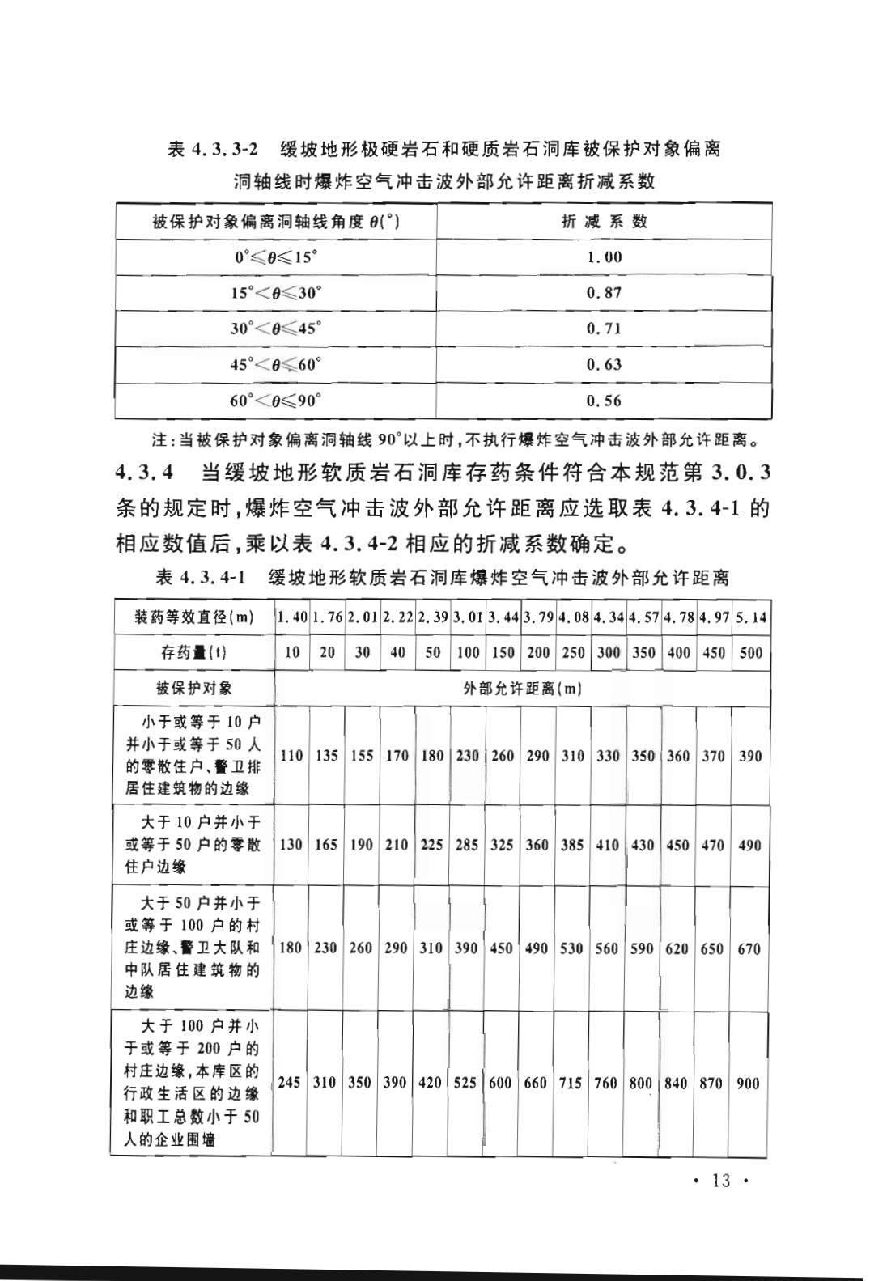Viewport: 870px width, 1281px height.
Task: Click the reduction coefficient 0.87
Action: click(x=604, y=293)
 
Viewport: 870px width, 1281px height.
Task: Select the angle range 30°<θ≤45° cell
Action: click(x=275, y=329)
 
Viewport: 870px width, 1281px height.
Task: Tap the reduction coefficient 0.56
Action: click(x=604, y=401)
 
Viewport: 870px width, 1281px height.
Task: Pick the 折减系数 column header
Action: click(x=604, y=222)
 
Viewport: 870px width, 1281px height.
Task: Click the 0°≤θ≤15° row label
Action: click(x=275, y=257)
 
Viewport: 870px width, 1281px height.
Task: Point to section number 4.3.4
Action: click(x=144, y=472)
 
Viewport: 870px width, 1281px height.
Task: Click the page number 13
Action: click(x=720, y=1181)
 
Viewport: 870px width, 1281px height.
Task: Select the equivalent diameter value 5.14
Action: click(x=750, y=618)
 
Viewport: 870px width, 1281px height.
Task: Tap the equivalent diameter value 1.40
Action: click(x=291, y=618)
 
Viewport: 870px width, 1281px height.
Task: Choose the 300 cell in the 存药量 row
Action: click(x=608, y=653)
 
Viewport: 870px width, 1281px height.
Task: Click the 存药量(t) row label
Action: click(x=193, y=653)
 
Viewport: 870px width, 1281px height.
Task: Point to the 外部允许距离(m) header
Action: click(x=522, y=689)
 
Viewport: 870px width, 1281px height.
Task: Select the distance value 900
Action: click(x=749, y=1083)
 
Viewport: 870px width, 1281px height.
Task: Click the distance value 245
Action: click(x=290, y=1083)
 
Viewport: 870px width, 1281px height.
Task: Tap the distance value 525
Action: click(x=465, y=1083)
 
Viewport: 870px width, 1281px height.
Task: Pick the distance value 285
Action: click(x=467, y=845)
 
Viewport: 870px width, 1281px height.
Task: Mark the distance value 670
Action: click(x=749, y=948)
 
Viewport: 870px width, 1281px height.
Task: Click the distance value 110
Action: click(x=291, y=756)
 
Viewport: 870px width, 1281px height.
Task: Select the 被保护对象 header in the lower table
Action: click(x=193, y=689)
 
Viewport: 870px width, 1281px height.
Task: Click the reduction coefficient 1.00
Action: click(x=604, y=257)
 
